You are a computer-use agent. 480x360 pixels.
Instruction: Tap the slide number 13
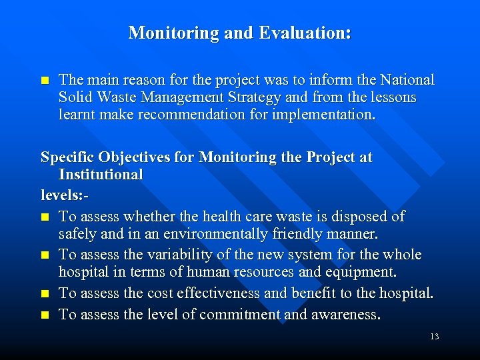(435, 337)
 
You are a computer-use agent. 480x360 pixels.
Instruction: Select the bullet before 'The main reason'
(45, 81)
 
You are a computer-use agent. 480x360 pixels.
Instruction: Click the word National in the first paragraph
(407, 80)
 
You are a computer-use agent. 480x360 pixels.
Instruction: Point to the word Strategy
(253, 97)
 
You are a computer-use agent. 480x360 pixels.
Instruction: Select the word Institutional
(101, 175)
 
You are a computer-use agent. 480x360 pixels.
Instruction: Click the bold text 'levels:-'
(65, 197)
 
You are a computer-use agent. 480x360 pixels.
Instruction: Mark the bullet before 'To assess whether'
(45, 217)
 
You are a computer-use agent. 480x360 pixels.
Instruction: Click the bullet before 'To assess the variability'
(45, 255)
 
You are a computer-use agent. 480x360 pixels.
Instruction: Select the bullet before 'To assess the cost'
(45, 294)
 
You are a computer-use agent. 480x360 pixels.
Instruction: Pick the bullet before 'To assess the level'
(45, 315)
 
